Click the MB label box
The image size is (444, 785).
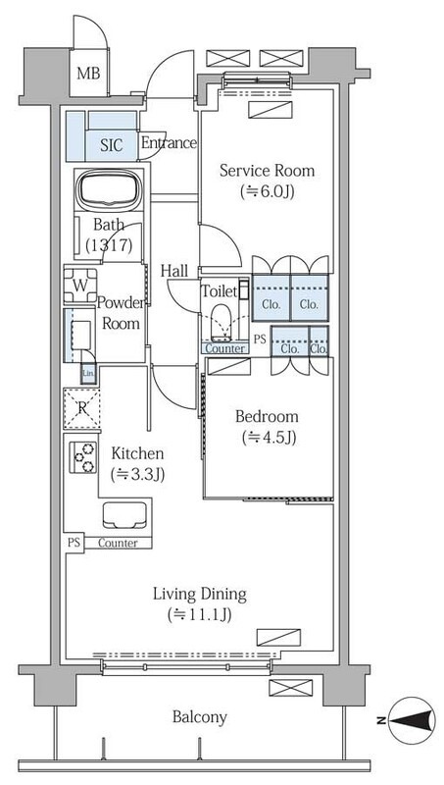(x=88, y=72)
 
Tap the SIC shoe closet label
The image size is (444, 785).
(x=111, y=146)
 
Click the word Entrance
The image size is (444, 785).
(x=168, y=143)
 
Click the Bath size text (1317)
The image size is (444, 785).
(x=108, y=245)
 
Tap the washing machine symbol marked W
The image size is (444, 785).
(x=79, y=286)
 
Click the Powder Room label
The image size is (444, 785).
(x=121, y=313)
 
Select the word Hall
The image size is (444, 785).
(x=174, y=270)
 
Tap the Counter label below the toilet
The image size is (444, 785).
(x=224, y=348)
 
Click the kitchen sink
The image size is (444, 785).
(x=125, y=515)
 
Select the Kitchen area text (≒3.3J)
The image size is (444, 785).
(x=137, y=475)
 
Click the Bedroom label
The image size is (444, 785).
(x=266, y=417)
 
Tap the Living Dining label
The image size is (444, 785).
(x=198, y=594)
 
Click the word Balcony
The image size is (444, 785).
(x=200, y=717)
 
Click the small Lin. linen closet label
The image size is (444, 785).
(x=88, y=373)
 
